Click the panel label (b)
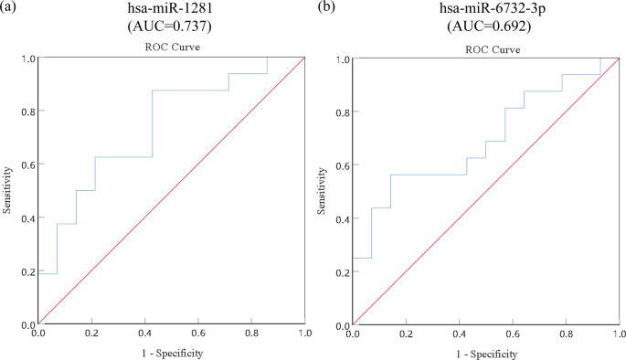pyautogui.click(x=325, y=7)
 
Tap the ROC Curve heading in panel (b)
pyautogui.click(x=485, y=47)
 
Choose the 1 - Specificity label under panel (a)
pyautogui.click(x=172, y=352)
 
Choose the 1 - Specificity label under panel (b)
pyautogui.click(x=486, y=353)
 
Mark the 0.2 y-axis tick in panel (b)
pyautogui.click(x=341, y=272)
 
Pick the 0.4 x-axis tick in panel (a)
pyautogui.click(x=144, y=334)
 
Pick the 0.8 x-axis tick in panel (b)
pyautogui.click(x=566, y=335)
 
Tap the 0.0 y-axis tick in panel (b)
pyautogui.click(x=341, y=325)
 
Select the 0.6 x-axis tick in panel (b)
pyautogui.click(x=513, y=335)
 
